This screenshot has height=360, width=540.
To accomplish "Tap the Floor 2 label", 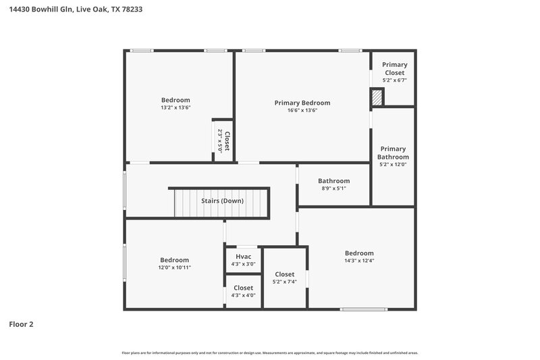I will tap(21, 324).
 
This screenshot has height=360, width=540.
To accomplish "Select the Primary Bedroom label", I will tap(302, 103).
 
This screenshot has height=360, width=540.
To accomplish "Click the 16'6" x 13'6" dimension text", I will tap(302, 110).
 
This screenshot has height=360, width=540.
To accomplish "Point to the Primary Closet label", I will tap(394, 68).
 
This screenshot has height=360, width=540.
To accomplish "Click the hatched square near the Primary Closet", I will tap(377, 99).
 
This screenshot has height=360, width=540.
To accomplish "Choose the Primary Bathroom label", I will tap(393, 153).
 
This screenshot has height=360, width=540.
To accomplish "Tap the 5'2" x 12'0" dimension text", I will tap(393, 164).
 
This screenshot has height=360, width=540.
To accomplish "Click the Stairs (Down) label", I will tap(223, 201).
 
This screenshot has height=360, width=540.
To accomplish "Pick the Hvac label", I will tap(244, 257).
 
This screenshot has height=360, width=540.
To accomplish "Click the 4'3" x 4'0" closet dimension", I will tap(244, 295).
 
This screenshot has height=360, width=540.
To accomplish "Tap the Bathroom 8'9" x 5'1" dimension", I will tap(334, 188).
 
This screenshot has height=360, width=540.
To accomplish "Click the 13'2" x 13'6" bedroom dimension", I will tap(175, 107).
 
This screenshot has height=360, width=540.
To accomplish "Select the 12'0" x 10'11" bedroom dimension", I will tap(174, 267).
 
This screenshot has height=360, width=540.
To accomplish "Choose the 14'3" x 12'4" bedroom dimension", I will tap(359, 261).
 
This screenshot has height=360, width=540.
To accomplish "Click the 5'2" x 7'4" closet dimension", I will tap(284, 282).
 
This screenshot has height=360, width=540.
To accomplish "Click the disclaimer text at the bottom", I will tap(270, 353).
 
